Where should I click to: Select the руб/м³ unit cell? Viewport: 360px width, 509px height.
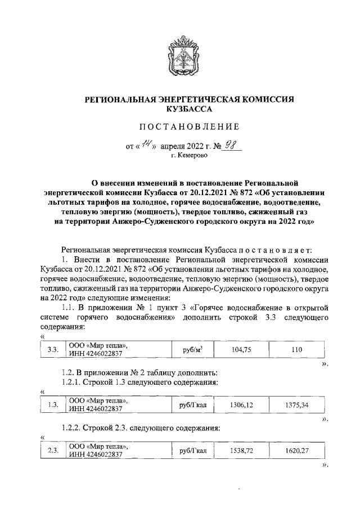click(x=193, y=349)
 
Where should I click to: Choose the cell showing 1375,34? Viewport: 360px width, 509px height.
click(x=297, y=404)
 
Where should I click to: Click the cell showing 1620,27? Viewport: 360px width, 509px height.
click(x=297, y=451)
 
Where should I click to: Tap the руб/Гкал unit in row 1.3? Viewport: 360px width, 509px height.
click(x=193, y=404)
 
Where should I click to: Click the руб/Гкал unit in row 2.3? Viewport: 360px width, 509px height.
click(x=193, y=451)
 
